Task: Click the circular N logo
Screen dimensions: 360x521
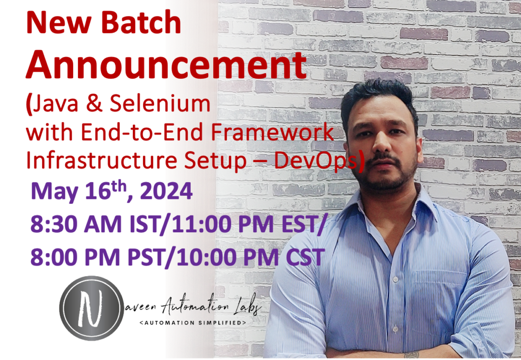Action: click(x=91, y=308)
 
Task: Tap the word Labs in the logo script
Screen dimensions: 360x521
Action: click(x=245, y=307)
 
